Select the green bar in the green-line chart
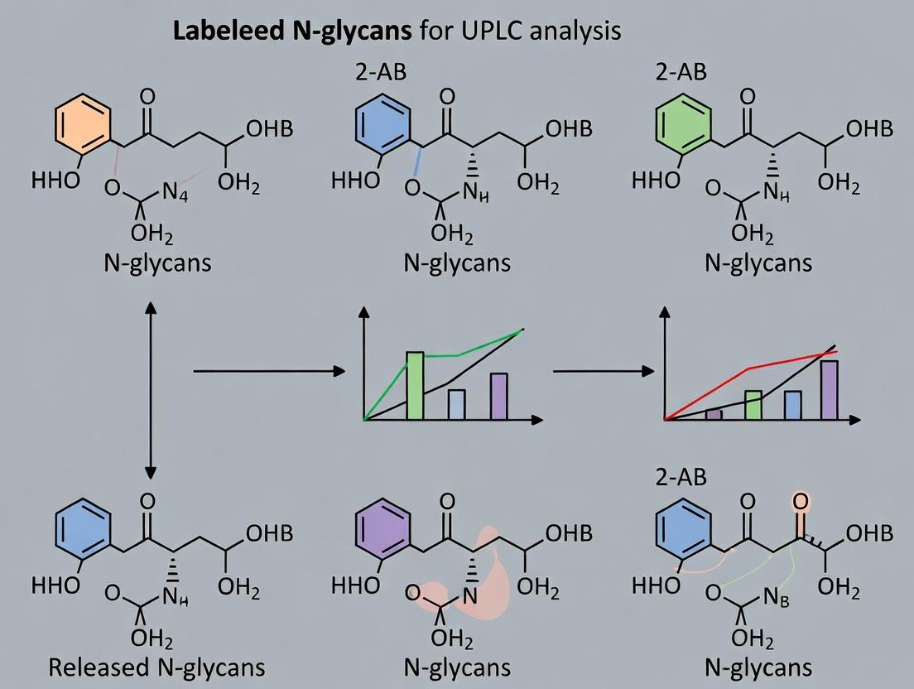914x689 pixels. [415, 386]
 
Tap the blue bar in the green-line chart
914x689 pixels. [456, 404]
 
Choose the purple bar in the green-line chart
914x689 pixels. [498, 397]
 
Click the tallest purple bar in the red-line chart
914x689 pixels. [829, 390]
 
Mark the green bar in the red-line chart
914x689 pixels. [753, 406]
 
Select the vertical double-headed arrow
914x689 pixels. [151, 390]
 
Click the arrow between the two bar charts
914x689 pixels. [603, 372]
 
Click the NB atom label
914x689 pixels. [776, 596]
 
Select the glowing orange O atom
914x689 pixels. [800, 502]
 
